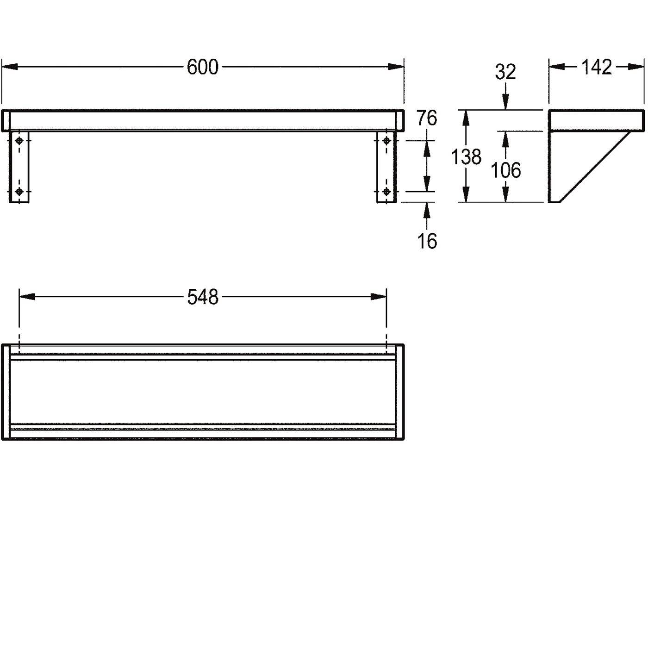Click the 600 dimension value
coord(202,67)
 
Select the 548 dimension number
coord(203,297)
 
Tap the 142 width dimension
coord(597,67)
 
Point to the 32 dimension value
coord(505,72)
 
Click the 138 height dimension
coord(466,157)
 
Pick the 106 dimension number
coord(506,170)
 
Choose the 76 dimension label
coord(427,118)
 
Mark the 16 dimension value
coord(427,241)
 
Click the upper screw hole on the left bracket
coord(19,141)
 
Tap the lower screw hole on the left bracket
coord(19,192)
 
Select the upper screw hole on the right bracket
coord(386,141)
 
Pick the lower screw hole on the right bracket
coord(386,192)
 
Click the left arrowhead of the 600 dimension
coord(9,67)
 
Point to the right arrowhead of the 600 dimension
coord(396,67)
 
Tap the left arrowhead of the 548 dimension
coord(27,297)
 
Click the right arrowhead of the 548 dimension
coord(379,297)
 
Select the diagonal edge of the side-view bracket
coord(595,167)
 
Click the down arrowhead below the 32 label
coord(505,101)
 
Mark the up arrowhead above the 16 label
coord(427,211)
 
